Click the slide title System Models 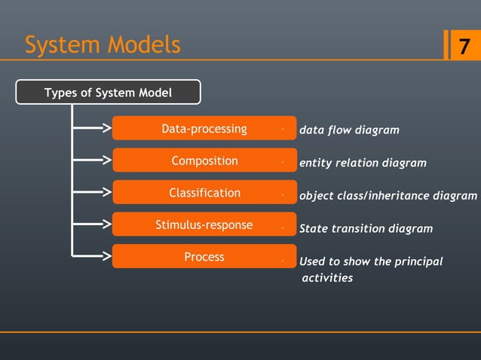(x=103, y=45)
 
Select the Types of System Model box (x=109, y=93)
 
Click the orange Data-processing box (x=204, y=129)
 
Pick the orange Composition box (x=204, y=160)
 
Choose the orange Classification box (x=204, y=193)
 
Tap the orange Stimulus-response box (x=204, y=225)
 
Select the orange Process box (x=204, y=257)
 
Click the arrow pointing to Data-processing (x=94, y=129)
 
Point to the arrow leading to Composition (x=94, y=160)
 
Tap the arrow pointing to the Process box (x=94, y=256)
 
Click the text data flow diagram (x=349, y=130)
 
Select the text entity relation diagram (x=363, y=163)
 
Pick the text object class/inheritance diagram (x=388, y=196)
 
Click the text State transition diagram (x=366, y=228)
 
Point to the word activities (x=327, y=278)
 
